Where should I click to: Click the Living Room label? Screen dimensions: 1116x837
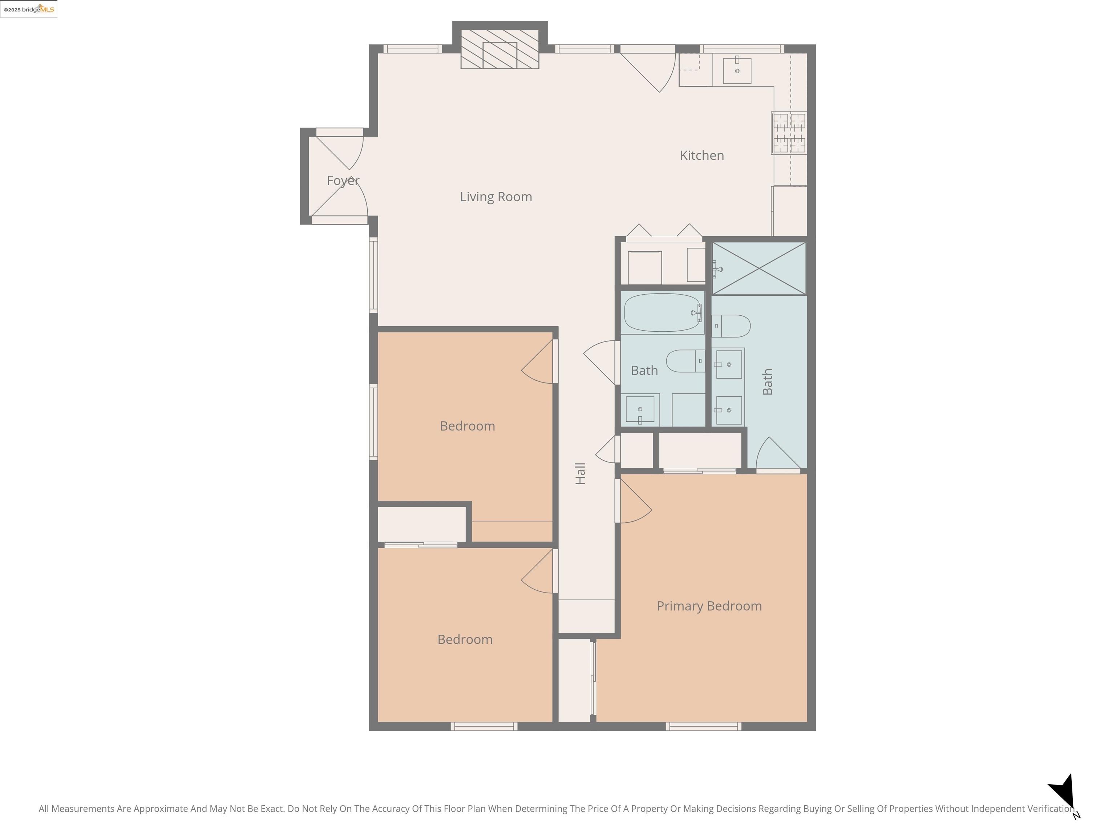click(496, 197)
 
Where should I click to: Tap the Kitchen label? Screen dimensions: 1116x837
click(702, 155)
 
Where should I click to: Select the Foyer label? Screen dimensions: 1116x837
click(343, 181)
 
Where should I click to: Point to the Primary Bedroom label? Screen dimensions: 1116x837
click(709, 606)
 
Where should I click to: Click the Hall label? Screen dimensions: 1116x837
click(580, 473)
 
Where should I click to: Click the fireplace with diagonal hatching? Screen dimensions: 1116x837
click(500, 49)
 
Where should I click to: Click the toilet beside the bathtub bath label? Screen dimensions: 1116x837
click(686, 361)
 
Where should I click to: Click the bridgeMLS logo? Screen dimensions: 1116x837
click(29, 9)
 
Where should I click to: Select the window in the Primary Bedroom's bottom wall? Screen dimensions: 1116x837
click(703, 727)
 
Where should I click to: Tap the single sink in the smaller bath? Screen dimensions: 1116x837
click(640, 409)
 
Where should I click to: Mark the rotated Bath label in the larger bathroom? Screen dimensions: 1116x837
click(767, 382)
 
